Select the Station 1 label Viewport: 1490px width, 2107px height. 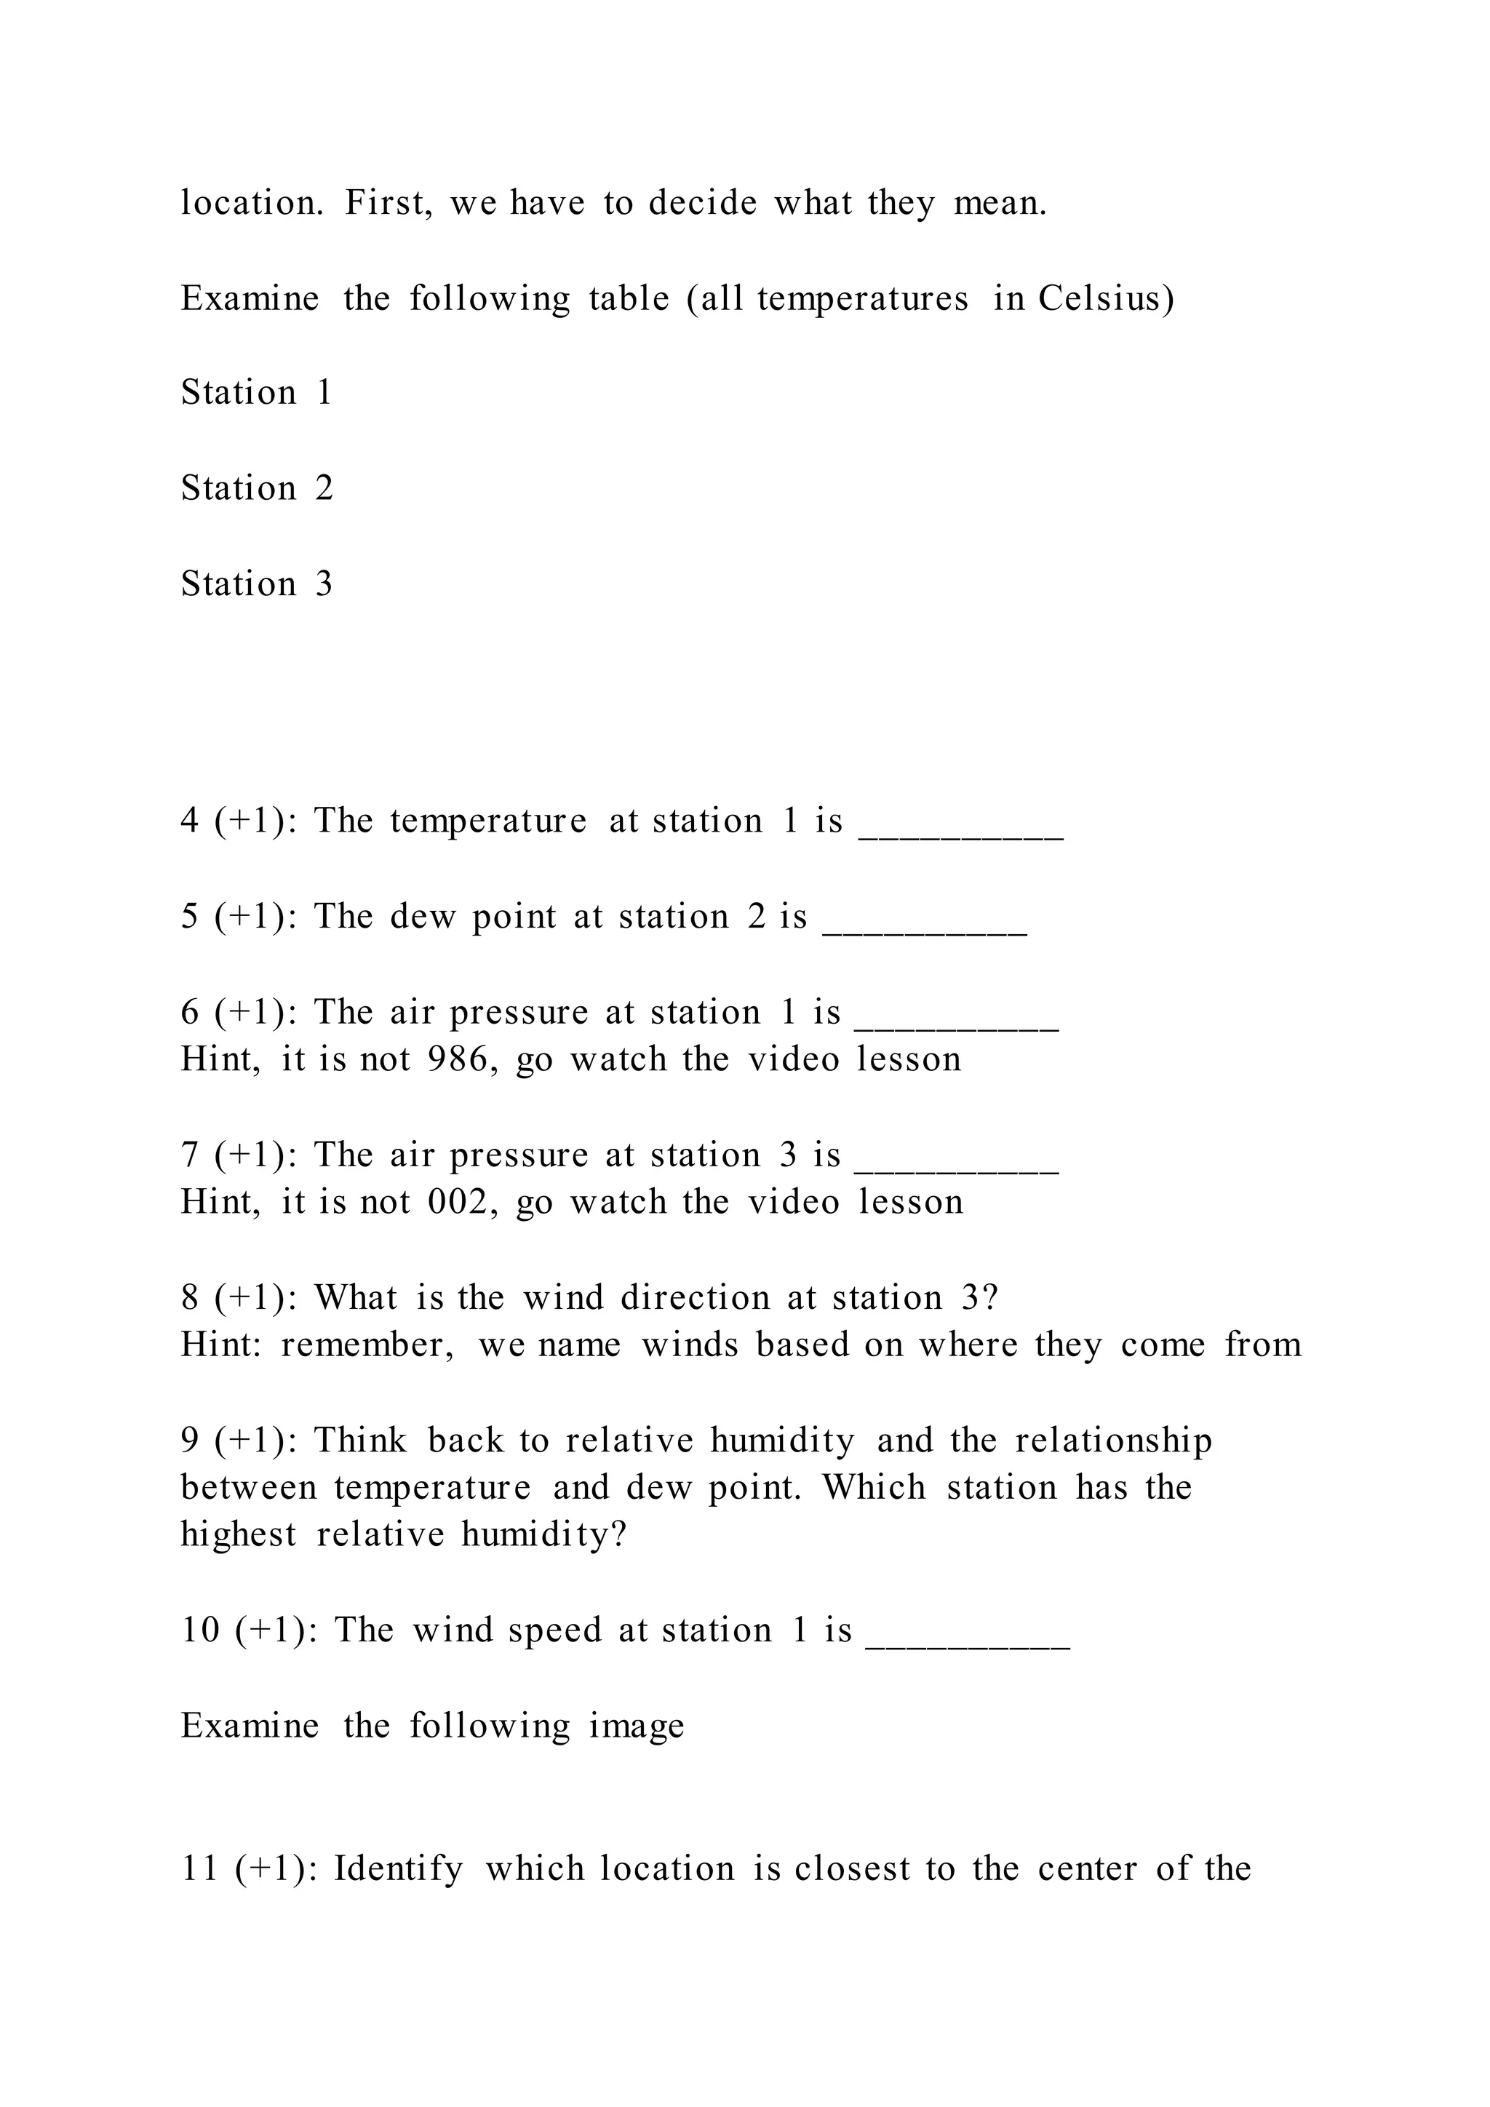coord(256,393)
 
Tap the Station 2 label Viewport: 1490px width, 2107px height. coord(256,488)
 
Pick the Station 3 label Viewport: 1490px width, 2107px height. coord(256,583)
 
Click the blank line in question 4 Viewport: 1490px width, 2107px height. coord(960,835)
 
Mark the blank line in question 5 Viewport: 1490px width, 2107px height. coord(925,931)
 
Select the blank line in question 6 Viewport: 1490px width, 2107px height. coord(957,1026)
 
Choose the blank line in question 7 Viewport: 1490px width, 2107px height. coord(957,1169)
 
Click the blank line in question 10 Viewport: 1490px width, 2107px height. coord(968,1646)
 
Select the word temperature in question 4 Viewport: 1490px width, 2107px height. coord(488,821)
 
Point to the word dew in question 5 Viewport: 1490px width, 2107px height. coord(422,917)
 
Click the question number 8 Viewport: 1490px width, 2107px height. coord(190,1298)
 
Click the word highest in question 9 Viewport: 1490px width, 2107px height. coord(239,1535)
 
